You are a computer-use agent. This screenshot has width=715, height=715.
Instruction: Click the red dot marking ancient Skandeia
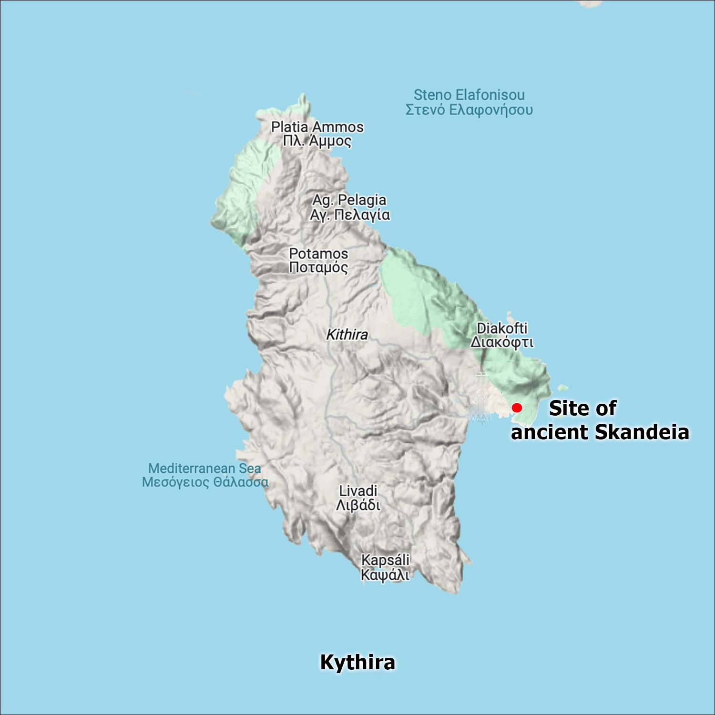pos(517,408)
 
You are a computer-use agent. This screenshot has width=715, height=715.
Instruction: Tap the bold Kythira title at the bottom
pos(357,662)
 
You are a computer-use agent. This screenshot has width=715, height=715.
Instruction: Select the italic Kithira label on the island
pos(347,335)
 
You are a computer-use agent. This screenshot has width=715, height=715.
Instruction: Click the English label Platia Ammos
pos(317,127)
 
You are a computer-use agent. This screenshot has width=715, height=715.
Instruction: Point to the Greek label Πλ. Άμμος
pos(317,141)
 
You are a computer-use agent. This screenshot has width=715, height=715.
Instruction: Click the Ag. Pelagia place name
pos(349,200)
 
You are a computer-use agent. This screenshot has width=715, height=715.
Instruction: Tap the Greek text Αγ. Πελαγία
pos(350,214)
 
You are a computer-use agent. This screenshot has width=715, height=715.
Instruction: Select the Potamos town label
pos(318,253)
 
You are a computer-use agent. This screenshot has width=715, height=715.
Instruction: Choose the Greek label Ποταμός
pos(318,267)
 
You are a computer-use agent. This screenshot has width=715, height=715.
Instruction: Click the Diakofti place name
pos(502,328)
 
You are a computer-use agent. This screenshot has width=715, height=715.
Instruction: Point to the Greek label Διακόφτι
pos(502,342)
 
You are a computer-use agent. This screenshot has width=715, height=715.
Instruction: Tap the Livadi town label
pos(358,490)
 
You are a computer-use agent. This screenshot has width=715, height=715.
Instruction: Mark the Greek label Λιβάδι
pos(358,505)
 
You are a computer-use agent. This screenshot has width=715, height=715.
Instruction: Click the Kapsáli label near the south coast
pos(385,560)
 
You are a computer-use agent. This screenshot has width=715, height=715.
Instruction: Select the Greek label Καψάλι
pos(385,574)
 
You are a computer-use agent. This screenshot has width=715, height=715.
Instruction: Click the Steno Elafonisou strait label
pos(469,94)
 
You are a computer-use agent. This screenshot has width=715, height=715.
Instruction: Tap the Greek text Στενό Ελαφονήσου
pos(469,110)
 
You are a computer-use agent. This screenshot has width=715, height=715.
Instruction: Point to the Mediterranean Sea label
pos(204,468)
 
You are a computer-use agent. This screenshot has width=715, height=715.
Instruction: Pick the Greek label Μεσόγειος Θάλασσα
pos(205,482)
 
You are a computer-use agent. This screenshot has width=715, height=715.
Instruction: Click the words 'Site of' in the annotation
pos(582,408)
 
